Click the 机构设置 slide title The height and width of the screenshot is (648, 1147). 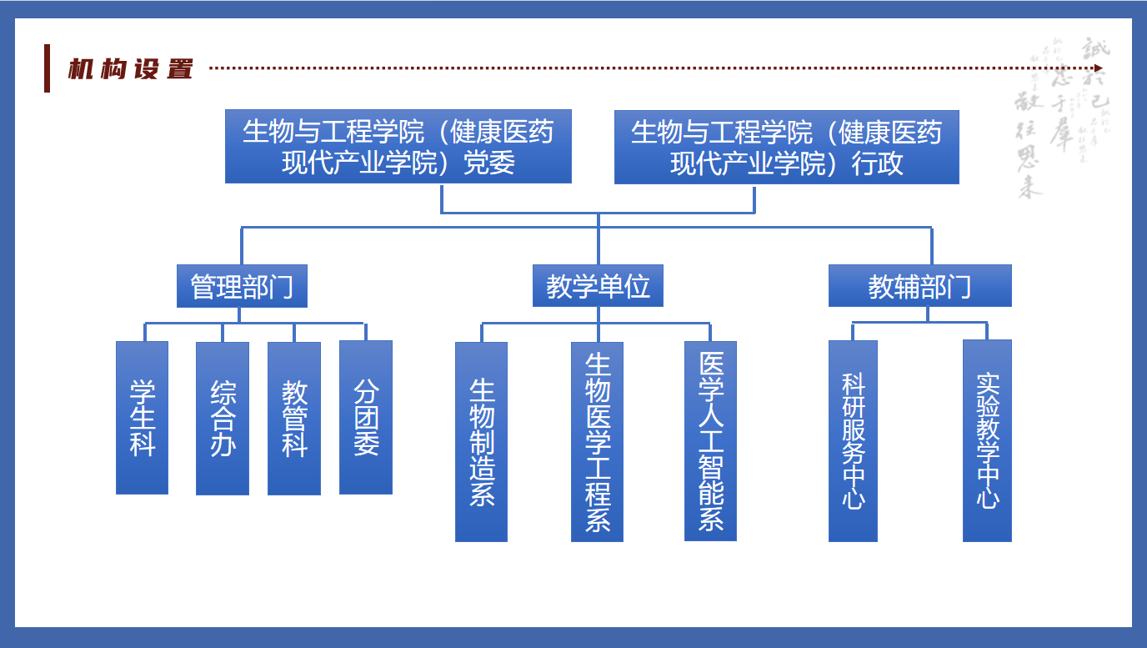pyautogui.click(x=131, y=68)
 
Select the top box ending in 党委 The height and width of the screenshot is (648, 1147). pyautogui.click(x=398, y=146)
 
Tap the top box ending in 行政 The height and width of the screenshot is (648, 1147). pyautogui.click(x=786, y=147)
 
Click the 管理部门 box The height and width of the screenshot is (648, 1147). pyautogui.click(x=242, y=286)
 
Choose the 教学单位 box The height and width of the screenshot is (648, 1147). pyautogui.click(x=598, y=286)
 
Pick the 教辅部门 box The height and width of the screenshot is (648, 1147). pyautogui.click(x=919, y=286)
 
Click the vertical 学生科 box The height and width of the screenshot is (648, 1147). pyautogui.click(x=142, y=417)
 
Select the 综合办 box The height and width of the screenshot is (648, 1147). pyautogui.click(x=223, y=418)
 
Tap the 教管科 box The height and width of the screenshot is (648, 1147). pyautogui.click(x=294, y=418)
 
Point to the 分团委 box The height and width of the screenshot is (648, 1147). pyautogui.click(x=366, y=417)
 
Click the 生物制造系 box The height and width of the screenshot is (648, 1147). pyautogui.click(x=481, y=441)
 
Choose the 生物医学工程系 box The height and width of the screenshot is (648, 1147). pyautogui.click(x=597, y=441)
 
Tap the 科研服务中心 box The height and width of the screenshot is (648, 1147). pyautogui.click(x=853, y=440)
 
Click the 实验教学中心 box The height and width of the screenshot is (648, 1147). pyautogui.click(x=987, y=440)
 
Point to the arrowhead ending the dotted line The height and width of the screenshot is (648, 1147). pyautogui.click(x=1099, y=68)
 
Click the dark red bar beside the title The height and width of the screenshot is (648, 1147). pyautogui.click(x=48, y=68)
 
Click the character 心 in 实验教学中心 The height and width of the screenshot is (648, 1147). pyautogui.click(x=987, y=499)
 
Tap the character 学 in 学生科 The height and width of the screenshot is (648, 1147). pyautogui.click(x=142, y=391)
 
